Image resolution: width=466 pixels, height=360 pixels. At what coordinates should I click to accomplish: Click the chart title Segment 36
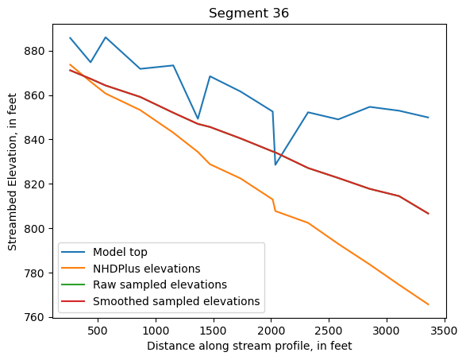[248, 13]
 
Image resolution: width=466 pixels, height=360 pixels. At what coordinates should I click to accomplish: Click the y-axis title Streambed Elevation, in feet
[13, 172]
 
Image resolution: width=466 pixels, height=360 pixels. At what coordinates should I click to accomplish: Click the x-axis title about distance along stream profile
[248, 346]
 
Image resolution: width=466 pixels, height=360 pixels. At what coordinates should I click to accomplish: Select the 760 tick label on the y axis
[36, 317]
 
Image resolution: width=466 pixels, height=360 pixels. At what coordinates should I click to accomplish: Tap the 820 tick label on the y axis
[36, 184]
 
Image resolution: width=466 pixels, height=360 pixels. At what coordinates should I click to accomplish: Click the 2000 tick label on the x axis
[271, 329]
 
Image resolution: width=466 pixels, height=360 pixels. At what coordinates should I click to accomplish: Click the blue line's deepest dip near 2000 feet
[275, 165]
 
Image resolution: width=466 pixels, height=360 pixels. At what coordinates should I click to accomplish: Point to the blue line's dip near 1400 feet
[198, 118]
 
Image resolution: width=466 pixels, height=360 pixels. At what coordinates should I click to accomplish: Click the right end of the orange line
[429, 304]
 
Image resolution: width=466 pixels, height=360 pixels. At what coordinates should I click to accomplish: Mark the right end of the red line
[429, 214]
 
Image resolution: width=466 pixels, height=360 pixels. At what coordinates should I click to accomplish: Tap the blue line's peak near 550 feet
[105, 37]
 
